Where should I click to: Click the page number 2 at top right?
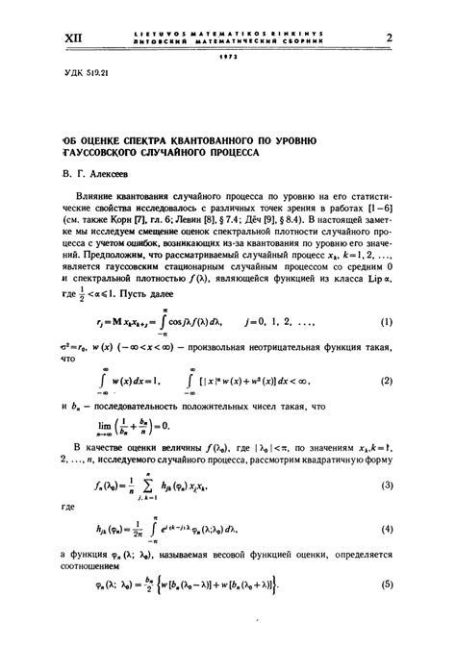390,38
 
